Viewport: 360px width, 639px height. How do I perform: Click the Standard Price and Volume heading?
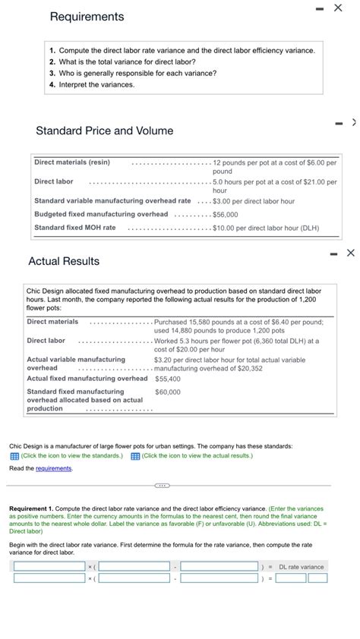tap(104, 131)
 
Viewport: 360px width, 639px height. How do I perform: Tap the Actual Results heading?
tap(64, 261)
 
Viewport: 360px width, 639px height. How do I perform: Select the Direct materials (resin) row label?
tap(72, 162)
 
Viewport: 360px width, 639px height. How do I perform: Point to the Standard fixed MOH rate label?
tap(75, 228)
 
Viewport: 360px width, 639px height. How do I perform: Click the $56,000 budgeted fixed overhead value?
tap(226, 215)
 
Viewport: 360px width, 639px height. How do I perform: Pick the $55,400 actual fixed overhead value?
tap(167, 379)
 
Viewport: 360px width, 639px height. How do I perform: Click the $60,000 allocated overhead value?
tap(167, 392)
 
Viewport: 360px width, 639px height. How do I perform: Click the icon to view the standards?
tap(14, 456)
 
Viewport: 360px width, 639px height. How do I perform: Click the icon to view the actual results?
tap(135, 456)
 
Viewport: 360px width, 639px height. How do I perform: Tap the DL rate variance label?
tap(302, 567)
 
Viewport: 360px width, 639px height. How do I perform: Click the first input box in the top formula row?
tap(49, 567)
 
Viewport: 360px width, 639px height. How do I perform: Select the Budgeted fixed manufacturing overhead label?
tap(101, 214)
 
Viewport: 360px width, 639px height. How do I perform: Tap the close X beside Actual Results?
tap(350, 253)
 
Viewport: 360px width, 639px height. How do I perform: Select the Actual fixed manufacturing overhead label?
tap(87, 379)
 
